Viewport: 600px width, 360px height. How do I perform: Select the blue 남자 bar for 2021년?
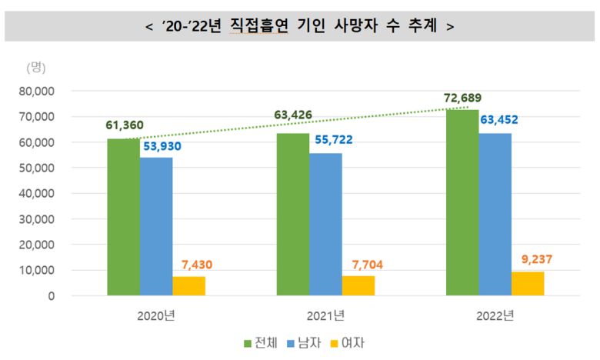[325, 224]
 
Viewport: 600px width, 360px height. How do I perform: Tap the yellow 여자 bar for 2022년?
[528, 284]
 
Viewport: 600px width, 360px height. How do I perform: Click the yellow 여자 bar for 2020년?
[188, 286]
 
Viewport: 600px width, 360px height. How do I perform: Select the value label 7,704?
[358, 264]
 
